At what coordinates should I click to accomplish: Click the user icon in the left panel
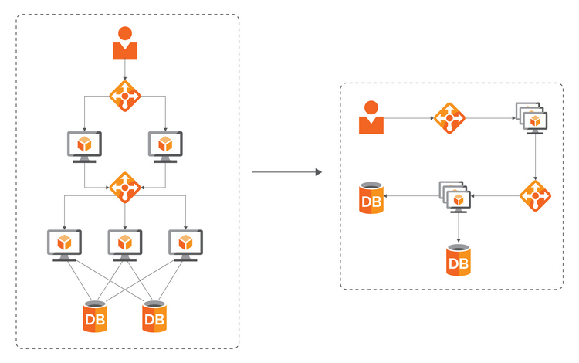point(125,44)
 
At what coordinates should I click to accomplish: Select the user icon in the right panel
point(371,117)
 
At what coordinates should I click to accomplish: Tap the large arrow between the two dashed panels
point(286,172)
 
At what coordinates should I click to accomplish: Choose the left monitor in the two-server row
point(85,145)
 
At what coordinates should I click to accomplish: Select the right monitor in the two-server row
point(165,145)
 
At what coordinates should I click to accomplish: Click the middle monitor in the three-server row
point(125,244)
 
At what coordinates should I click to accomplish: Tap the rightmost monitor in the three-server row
point(185,244)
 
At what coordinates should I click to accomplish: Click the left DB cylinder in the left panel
point(95,317)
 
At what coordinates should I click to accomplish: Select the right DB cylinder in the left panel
point(154,317)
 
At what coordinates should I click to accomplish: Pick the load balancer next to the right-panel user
point(449,119)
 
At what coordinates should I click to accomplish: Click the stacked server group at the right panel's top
point(532,119)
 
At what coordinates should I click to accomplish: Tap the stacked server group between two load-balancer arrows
point(455,198)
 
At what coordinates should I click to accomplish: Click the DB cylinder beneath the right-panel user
point(371,198)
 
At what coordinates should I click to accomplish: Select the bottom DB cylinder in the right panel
point(459,260)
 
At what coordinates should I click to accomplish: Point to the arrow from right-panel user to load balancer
point(408,119)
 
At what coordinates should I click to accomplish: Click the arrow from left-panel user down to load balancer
point(125,70)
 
